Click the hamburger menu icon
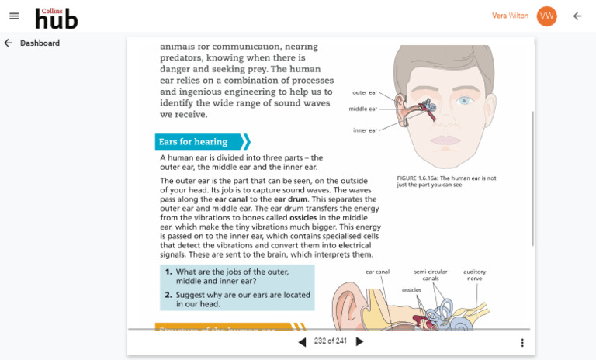(x=14, y=16)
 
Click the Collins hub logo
(x=57, y=17)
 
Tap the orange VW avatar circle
(x=547, y=16)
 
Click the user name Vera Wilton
(x=510, y=16)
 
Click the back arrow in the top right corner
(x=577, y=16)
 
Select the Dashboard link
(x=40, y=43)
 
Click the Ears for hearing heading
(x=193, y=142)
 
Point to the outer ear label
(x=365, y=92)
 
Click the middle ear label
(x=362, y=109)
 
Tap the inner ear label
(x=365, y=130)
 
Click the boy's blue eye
(x=464, y=100)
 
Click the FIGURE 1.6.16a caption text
(x=446, y=182)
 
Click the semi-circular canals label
(x=431, y=275)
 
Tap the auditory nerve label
(x=474, y=275)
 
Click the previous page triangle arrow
(x=302, y=342)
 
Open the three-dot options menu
(x=522, y=343)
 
